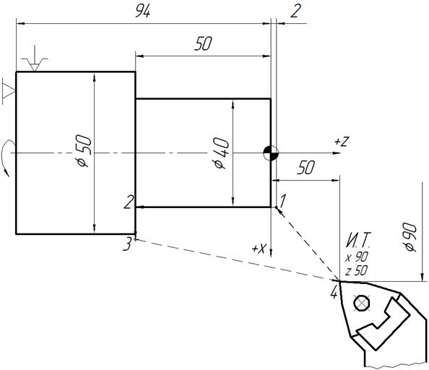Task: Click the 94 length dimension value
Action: pyautogui.click(x=143, y=12)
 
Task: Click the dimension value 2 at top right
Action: pyautogui.click(x=295, y=12)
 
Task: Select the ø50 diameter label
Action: pyautogui.click(x=84, y=151)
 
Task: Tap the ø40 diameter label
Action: pyautogui.click(x=221, y=153)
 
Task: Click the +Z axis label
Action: pyautogui.click(x=342, y=142)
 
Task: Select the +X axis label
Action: pyautogui.click(x=259, y=248)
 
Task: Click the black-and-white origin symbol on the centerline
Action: pyautogui.click(x=271, y=153)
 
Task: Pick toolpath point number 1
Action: pyautogui.click(x=283, y=201)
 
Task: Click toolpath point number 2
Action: pyautogui.click(x=129, y=202)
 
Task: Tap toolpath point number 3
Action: pyautogui.click(x=127, y=244)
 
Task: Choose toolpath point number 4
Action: pyautogui.click(x=334, y=293)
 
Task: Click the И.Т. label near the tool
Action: pyautogui.click(x=359, y=240)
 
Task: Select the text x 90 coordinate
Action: pyautogui.click(x=357, y=257)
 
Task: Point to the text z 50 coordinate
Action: pyautogui.click(x=357, y=271)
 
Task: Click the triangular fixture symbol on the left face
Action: pyautogui.click(x=9, y=91)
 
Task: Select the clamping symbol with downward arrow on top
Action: pyautogui.click(x=35, y=59)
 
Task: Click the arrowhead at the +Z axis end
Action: pyautogui.click(x=337, y=153)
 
